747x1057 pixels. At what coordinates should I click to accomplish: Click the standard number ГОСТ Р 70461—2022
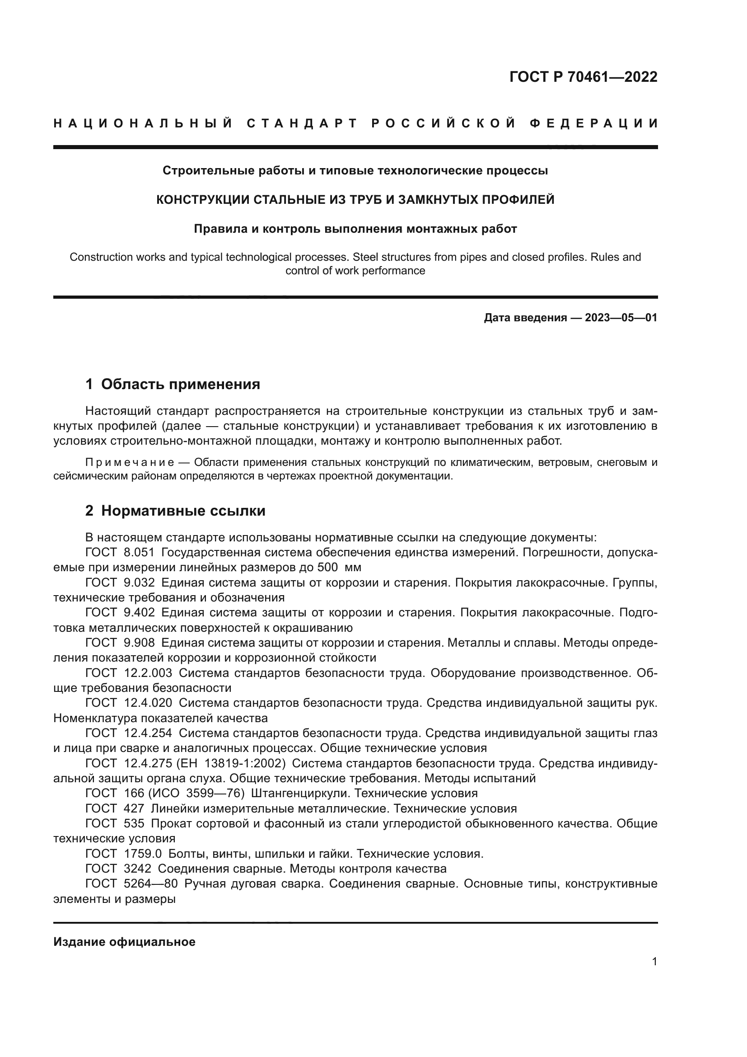[583, 77]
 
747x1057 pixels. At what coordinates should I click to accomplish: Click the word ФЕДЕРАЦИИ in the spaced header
[593, 123]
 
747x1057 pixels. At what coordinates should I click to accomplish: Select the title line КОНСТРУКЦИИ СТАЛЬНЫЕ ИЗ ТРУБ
[355, 200]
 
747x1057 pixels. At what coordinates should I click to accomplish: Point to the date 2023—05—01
[621, 318]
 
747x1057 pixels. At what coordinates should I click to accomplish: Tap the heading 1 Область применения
[173, 384]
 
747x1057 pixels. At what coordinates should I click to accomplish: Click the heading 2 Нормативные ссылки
[175, 511]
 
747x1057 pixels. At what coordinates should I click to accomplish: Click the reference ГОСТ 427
[115, 808]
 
